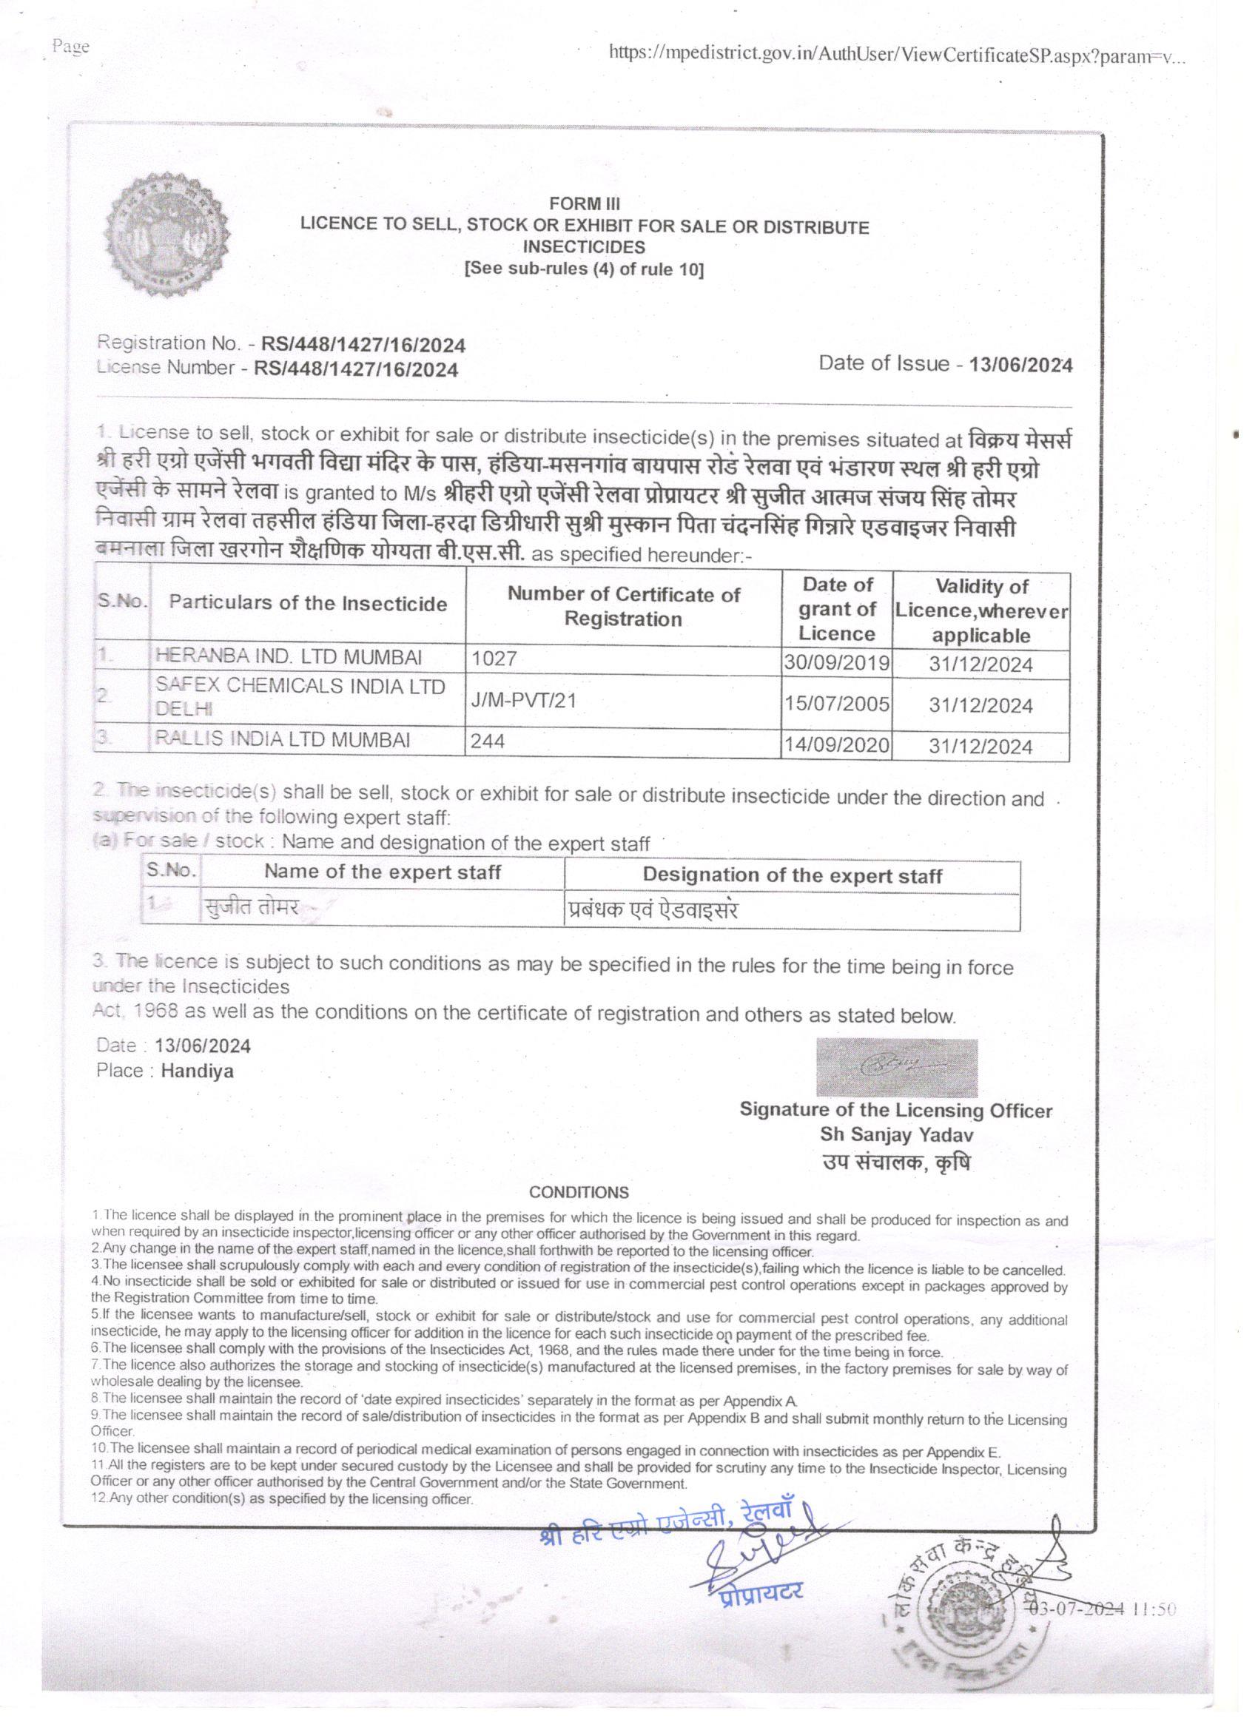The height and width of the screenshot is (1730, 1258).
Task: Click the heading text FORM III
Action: pyautogui.click(x=585, y=203)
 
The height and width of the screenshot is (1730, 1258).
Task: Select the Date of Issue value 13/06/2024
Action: pyautogui.click(x=1020, y=365)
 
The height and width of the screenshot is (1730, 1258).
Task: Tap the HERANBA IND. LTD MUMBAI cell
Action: pyautogui.click(x=289, y=657)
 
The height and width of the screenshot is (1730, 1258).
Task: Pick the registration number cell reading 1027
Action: pyautogui.click(x=494, y=659)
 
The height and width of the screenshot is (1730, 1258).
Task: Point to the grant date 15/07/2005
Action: pyautogui.click(x=837, y=703)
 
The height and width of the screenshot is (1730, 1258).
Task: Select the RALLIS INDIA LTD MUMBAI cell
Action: pyautogui.click(x=282, y=739)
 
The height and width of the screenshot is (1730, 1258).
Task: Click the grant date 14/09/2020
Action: pyautogui.click(x=837, y=744)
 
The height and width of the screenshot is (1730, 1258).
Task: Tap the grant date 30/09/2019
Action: pyautogui.click(x=837, y=662)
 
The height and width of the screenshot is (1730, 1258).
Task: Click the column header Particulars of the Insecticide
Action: pyautogui.click(x=307, y=603)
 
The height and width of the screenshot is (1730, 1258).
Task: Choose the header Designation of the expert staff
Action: pyautogui.click(x=792, y=875)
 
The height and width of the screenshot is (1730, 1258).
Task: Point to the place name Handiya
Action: pyautogui.click(x=197, y=1071)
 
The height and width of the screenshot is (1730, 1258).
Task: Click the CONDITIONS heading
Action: pyautogui.click(x=579, y=1192)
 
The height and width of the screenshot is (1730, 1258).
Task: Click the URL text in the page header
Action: pyautogui.click(x=897, y=55)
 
